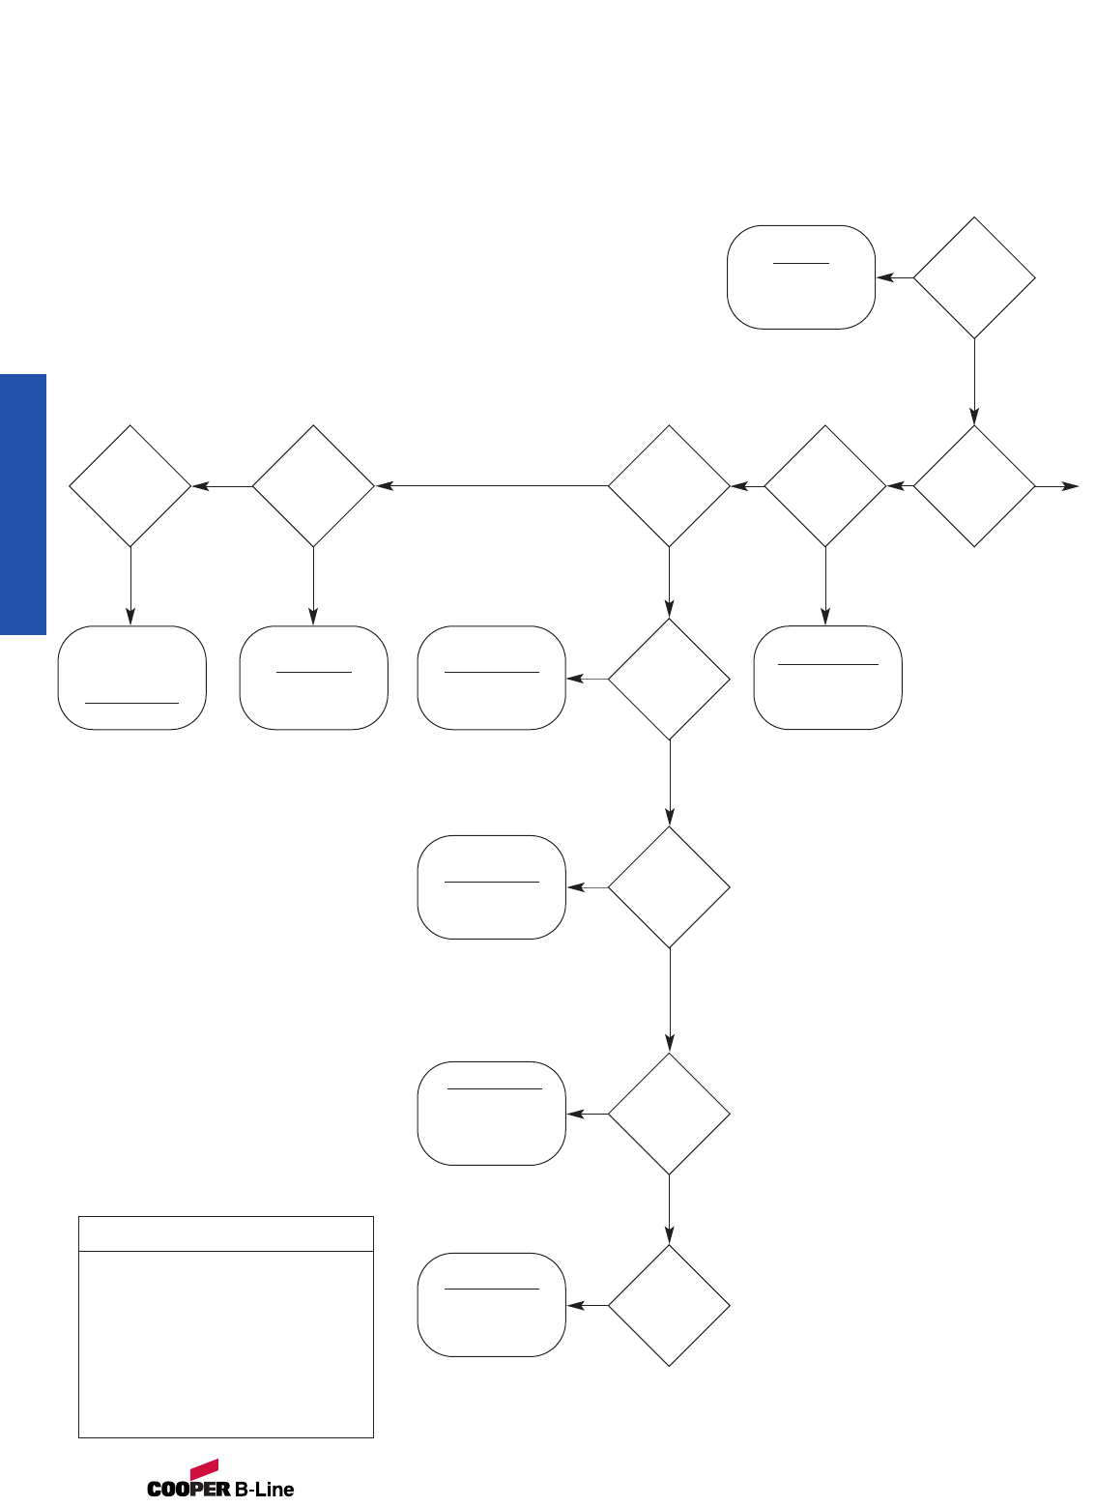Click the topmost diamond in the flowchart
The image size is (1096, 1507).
click(974, 277)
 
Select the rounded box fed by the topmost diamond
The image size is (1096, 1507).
click(801, 277)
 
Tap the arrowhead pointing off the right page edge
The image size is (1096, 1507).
click(1071, 486)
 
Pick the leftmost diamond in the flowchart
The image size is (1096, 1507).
click(130, 486)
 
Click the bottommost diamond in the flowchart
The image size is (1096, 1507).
click(669, 1305)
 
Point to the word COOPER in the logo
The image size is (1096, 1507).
click(188, 1489)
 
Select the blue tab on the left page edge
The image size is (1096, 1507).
click(23, 504)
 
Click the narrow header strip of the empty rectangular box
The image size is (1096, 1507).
click(225, 1234)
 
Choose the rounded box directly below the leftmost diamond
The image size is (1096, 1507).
click(131, 678)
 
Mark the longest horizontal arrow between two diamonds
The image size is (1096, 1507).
click(491, 486)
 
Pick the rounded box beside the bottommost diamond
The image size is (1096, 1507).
click(491, 1305)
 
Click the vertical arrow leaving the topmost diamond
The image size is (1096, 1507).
click(974, 381)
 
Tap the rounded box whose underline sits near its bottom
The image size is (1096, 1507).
click(131, 678)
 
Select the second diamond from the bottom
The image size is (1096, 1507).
click(669, 1114)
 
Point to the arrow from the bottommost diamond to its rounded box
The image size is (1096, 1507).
click(587, 1305)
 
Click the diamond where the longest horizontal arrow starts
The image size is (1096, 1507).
click(669, 486)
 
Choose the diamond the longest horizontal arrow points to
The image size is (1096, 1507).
click(313, 486)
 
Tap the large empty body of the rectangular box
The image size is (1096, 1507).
click(225, 1344)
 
